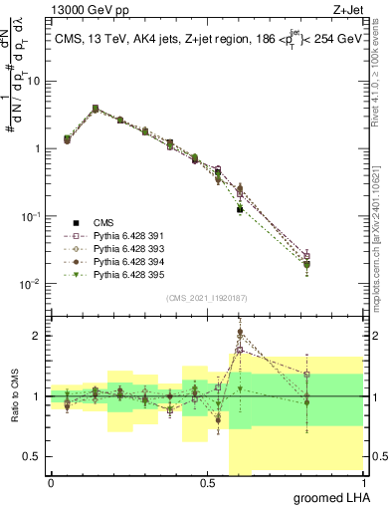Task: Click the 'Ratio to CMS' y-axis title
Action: (13, 396)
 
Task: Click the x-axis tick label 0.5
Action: (207, 482)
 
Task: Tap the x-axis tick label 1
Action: (363, 482)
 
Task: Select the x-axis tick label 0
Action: (51, 482)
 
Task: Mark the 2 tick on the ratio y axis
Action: (38, 336)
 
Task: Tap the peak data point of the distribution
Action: (96, 108)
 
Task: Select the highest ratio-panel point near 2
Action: (240, 333)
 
